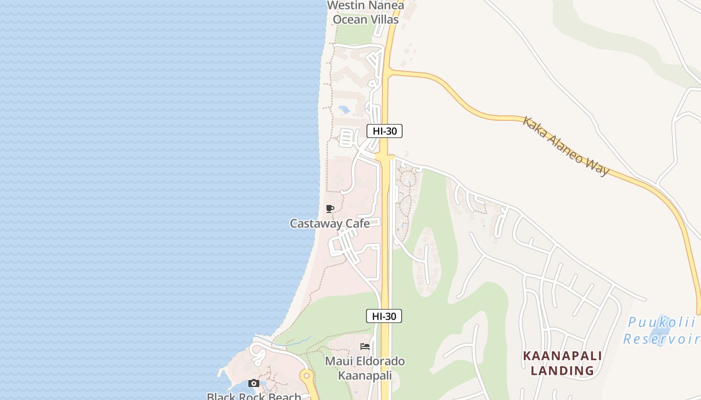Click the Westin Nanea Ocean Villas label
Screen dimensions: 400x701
tap(366, 12)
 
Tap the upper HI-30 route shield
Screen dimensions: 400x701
tap(385, 131)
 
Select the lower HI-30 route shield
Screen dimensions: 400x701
tap(384, 316)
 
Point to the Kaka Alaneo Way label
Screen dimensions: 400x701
tap(566, 145)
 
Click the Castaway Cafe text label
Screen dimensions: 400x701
tap(330, 223)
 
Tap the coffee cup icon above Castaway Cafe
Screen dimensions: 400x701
tap(329, 208)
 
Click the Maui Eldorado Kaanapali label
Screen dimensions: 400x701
tap(365, 368)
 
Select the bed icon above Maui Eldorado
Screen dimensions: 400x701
tap(365, 346)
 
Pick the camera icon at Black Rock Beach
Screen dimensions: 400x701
tap(254, 383)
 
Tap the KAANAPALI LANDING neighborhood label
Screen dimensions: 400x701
tap(562, 363)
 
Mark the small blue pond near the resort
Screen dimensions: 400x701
tap(344, 109)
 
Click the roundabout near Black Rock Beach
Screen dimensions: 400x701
tap(306, 375)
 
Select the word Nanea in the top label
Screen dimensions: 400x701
tap(386, 5)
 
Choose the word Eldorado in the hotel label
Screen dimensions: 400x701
tap(377, 361)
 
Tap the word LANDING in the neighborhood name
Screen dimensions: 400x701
tap(562, 370)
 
